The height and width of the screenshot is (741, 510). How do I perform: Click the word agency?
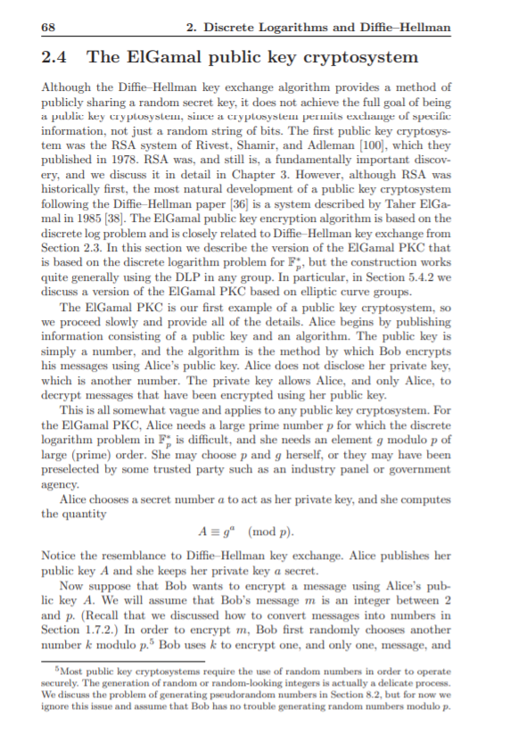pyautogui.click(x=58, y=485)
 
